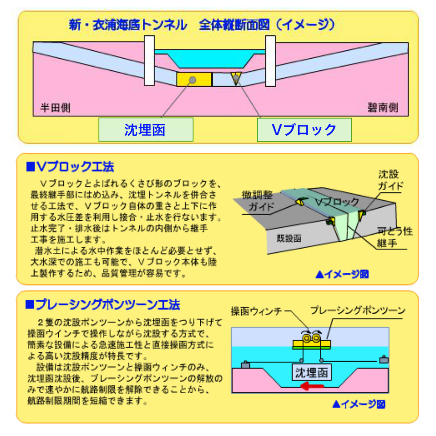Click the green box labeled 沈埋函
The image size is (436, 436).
pos(146,129)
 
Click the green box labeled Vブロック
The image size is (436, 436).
pos(304,130)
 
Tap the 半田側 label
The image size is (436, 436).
pos(55,108)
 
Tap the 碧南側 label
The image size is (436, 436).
pos(383,107)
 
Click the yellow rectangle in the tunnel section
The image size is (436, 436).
pos(194,80)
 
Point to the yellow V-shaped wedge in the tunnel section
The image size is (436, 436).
pos(236,77)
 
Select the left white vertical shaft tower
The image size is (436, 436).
pos(149,61)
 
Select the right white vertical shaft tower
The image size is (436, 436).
pos(270,61)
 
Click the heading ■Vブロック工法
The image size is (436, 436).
pos(70,166)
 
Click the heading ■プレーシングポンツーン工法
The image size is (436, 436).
pos(103,304)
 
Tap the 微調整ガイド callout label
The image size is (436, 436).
pos(258,201)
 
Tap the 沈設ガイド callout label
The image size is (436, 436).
pos(390,180)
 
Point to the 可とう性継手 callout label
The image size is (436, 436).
pos(394,237)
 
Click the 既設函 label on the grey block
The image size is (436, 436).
pos(289,238)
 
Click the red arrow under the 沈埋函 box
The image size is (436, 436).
pos(312,386)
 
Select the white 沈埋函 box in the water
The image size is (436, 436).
pos(311,372)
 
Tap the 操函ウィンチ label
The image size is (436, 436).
pos(256,311)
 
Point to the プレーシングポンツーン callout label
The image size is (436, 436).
pos(358,310)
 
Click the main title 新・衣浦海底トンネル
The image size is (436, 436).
pos(128,25)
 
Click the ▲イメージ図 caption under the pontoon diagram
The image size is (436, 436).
pos(359,404)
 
